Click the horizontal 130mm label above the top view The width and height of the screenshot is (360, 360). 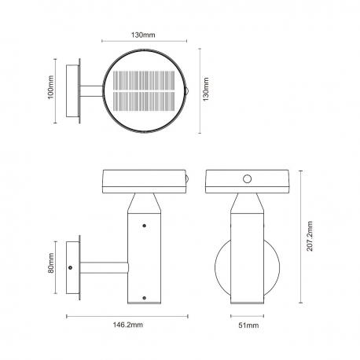(x=143, y=35)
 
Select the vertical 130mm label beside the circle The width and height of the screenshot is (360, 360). (x=206, y=89)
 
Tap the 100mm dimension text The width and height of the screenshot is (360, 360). (x=50, y=87)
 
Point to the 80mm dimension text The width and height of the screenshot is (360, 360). (x=51, y=263)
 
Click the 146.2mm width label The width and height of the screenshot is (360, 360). (x=128, y=325)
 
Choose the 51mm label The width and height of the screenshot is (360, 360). (x=248, y=325)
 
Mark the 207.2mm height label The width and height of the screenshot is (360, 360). (x=310, y=236)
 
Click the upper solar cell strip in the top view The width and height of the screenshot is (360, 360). (x=144, y=80)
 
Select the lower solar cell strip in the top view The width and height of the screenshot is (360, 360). (x=144, y=101)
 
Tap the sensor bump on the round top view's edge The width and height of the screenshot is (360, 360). (x=187, y=90)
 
